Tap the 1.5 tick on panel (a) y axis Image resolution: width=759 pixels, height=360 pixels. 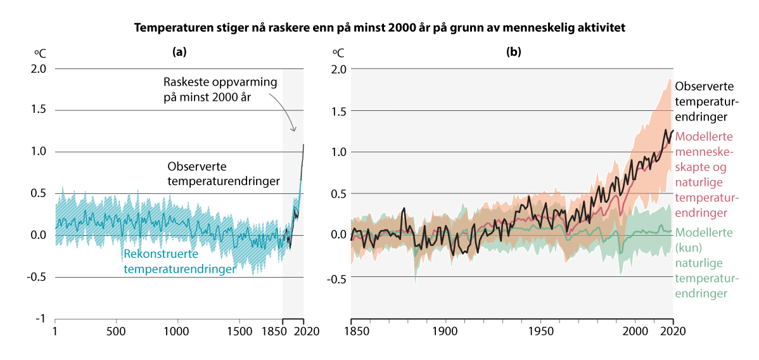38,110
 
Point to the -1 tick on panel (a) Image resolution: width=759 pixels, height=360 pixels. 40,319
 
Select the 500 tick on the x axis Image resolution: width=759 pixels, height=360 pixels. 116,331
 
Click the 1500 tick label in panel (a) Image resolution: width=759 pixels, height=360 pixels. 238,331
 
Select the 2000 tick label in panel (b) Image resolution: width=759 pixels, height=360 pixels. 634,331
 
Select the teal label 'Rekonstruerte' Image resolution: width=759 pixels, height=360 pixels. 161,255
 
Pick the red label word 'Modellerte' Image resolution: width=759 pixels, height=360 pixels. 705,136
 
